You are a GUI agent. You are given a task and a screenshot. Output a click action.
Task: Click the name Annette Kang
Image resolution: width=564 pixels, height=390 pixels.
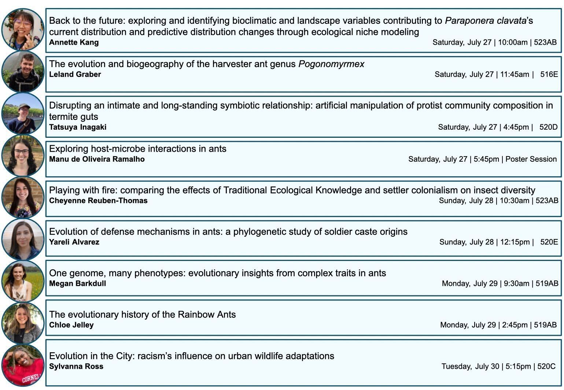[x=74, y=42]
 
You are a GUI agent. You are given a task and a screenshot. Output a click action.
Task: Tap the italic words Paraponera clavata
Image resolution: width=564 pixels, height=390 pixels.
[x=486, y=21]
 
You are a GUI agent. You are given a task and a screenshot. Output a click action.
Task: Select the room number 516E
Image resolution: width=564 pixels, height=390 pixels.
[x=549, y=74]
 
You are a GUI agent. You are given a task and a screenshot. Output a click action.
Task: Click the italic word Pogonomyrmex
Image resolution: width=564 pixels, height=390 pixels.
[x=331, y=64]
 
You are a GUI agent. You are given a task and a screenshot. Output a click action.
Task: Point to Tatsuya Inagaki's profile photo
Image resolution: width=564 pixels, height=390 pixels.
[x=23, y=113]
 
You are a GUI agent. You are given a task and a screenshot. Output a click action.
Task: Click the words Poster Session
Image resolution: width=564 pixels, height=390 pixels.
[x=531, y=159]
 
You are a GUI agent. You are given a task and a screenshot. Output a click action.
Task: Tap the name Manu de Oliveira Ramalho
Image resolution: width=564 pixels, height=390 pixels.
[x=97, y=159]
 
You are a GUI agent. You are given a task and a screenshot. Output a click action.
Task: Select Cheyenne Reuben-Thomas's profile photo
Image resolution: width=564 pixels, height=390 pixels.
[x=23, y=198]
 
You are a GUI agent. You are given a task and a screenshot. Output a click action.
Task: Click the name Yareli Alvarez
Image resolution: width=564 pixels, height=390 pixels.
[x=74, y=242]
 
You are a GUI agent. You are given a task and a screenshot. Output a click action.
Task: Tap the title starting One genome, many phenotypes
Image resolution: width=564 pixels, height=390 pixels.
[x=217, y=273]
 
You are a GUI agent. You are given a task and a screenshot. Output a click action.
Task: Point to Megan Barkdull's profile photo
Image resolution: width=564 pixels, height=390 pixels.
[x=23, y=281]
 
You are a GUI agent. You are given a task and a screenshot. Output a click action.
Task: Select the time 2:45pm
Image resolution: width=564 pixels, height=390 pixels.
[x=515, y=325]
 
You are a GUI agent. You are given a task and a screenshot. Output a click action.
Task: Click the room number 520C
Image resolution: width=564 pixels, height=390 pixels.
[x=546, y=366]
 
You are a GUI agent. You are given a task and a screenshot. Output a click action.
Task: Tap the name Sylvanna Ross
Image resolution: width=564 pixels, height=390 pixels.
[x=76, y=366]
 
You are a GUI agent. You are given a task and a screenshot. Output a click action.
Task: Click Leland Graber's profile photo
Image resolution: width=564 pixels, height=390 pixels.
[x=23, y=72]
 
